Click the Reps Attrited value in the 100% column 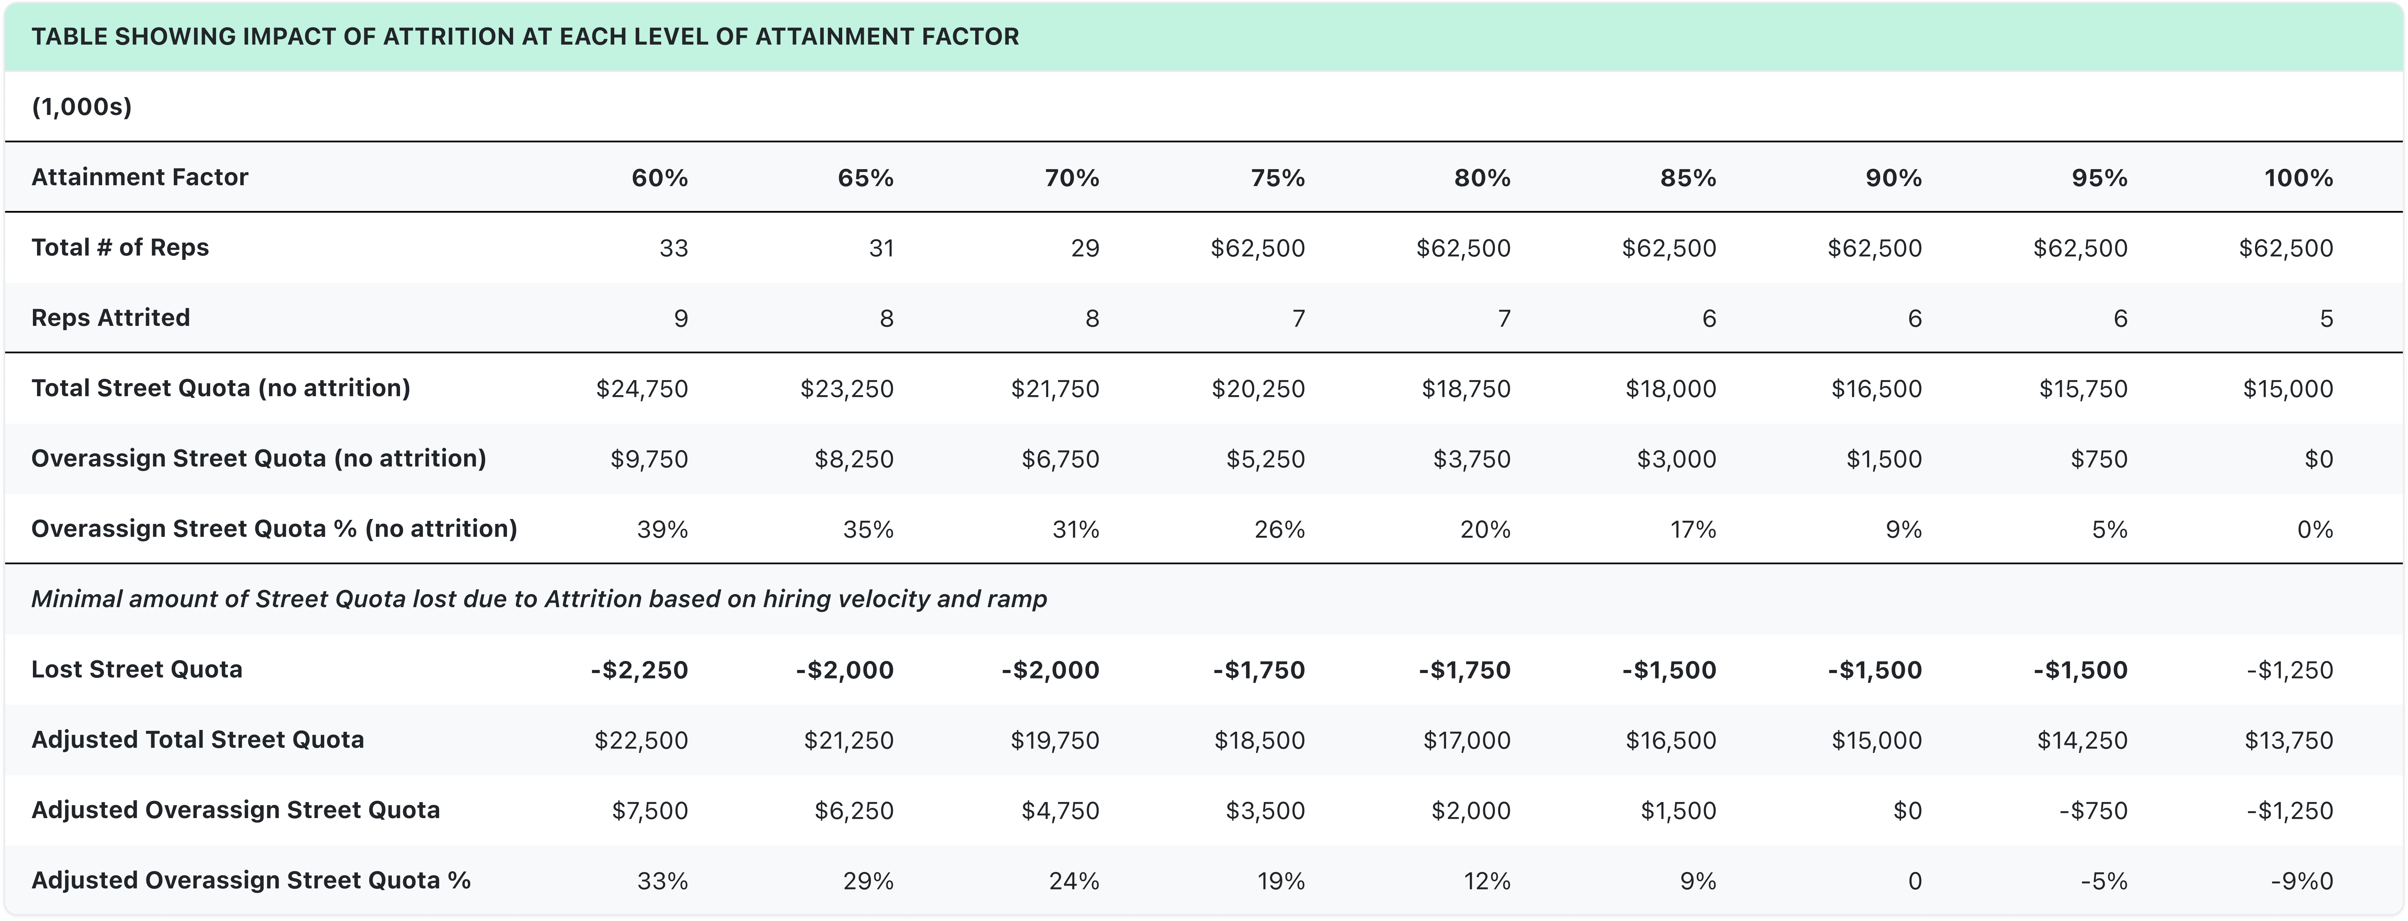(2326, 319)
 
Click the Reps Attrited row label (110, 318)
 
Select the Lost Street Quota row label (136, 670)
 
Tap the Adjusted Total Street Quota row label (197, 740)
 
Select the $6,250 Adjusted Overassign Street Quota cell (854, 811)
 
